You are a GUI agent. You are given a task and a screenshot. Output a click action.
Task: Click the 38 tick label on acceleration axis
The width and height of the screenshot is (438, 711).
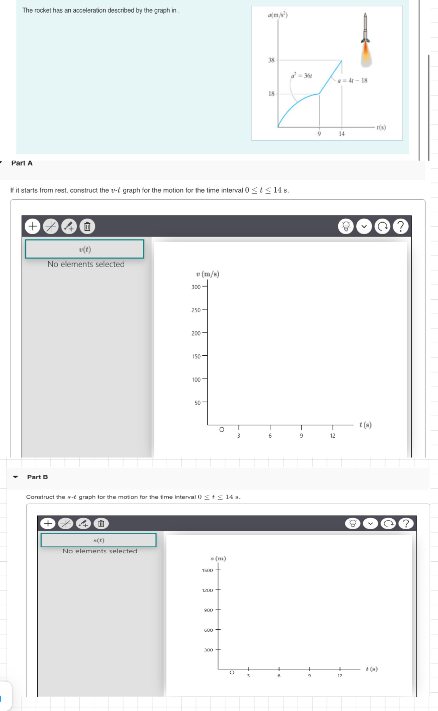tap(271, 60)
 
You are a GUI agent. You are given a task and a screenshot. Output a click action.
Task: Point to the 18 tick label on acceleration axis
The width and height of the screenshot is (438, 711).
tap(271, 94)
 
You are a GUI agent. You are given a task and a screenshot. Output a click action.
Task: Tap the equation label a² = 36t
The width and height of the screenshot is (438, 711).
tap(301, 76)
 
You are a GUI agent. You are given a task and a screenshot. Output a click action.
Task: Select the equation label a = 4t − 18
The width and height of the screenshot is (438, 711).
tap(352, 81)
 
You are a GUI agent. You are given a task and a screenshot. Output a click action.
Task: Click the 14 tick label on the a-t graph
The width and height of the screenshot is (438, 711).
tap(342, 134)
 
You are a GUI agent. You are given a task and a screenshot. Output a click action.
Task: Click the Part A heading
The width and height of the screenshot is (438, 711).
tap(22, 163)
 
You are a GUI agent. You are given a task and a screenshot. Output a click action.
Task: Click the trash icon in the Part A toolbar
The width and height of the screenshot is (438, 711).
tap(87, 226)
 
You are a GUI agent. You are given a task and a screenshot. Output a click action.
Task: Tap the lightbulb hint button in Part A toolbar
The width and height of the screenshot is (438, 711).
tap(346, 226)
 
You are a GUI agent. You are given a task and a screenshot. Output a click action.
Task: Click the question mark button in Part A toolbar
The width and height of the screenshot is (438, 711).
tap(401, 226)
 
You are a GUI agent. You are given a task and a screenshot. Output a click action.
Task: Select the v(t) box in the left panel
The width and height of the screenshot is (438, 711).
tap(85, 249)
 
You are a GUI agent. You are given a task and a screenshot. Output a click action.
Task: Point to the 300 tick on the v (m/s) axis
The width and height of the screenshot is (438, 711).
tap(196, 287)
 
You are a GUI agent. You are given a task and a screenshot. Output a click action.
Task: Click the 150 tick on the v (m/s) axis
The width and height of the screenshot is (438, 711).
tap(196, 356)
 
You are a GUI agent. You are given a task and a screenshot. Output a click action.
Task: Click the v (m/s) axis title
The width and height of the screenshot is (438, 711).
tap(208, 274)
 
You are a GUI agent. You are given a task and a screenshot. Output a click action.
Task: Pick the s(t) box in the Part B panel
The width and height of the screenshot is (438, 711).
tap(99, 540)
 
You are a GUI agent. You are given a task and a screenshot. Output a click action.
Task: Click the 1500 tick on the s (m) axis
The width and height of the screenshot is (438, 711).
tap(207, 570)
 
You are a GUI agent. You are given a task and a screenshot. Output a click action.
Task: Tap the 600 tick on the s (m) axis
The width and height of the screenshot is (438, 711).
tap(208, 630)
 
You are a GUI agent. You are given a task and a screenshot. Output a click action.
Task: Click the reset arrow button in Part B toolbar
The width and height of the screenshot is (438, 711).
tap(388, 523)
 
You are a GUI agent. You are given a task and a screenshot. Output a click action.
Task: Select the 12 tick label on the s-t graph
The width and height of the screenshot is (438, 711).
tap(340, 676)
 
